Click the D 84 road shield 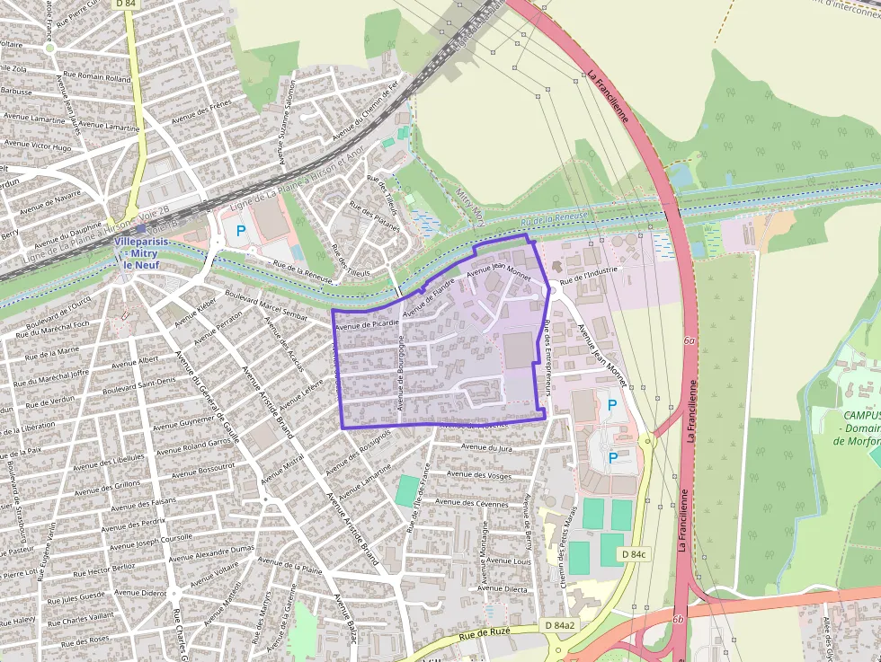(x=125, y=5)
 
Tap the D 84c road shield (x=634, y=554)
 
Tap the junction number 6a (x=690, y=341)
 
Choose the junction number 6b (x=678, y=620)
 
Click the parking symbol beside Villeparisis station (x=241, y=231)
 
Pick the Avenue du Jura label (x=485, y=446)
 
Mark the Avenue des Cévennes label (x=479, y=504)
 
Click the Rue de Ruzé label (x=485, y=635)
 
